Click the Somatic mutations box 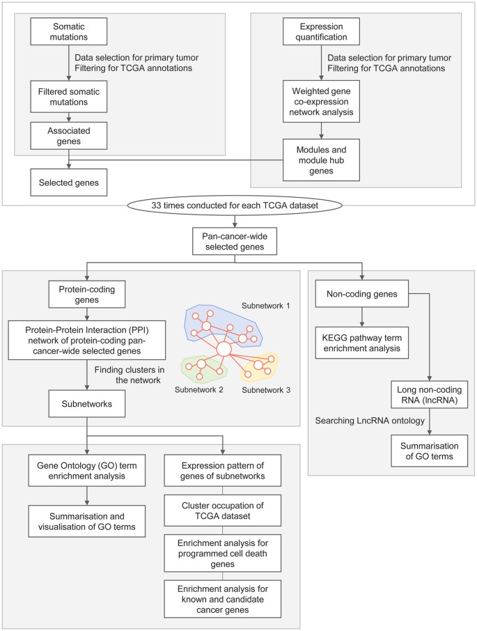coord(69,31)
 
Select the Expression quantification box coord(321,31)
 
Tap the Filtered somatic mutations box coord(69,97)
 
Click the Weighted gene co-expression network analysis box coord(321,102)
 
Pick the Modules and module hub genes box coord(321,160)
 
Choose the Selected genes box coord(69,182)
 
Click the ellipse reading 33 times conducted coord(235,205)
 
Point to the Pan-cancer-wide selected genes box coord(235,242)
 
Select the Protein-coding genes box coord(87,294)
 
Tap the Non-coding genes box coord(362,294)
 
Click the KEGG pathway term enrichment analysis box coord(362,343)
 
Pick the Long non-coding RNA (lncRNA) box coord(430,395)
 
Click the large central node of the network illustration coord(224,349)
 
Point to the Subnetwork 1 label coord(266,306)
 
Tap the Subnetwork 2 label coord(198,389)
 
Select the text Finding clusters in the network coord(129,375)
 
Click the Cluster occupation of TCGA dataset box coord(222,511)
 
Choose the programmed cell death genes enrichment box coord(222,553)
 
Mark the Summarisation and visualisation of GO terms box coord(87,522)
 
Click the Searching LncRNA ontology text coord(370,421)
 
